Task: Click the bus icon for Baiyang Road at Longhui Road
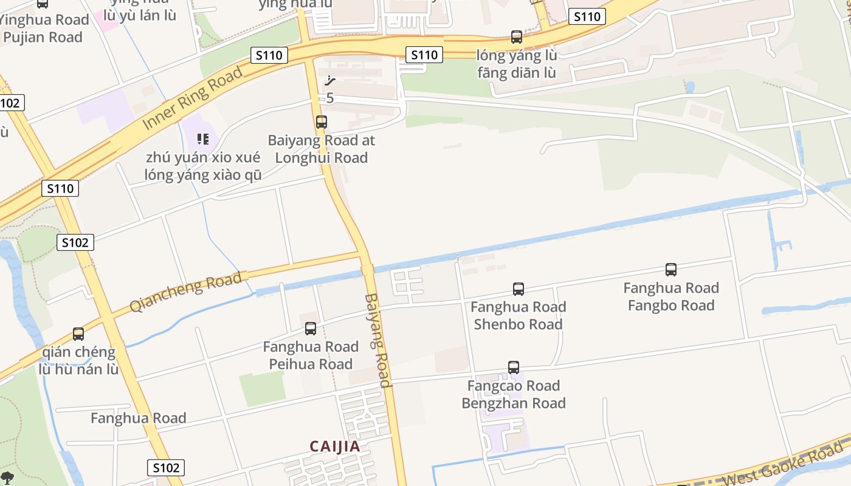click(x=322, y=122)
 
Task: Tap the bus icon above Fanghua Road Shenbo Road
click(x=519, y=289)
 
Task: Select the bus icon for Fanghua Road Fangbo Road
click(x=671, y=270)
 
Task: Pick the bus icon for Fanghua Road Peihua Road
click(x=311, y=329)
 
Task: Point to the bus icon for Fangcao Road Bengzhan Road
click(x=514, y=368)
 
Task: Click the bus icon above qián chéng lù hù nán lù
click(x=78, y=334)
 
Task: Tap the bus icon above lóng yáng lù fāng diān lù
click(x=517, y=37)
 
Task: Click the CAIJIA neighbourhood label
click(x=335, y=447)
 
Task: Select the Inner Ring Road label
click(x=193, y=97)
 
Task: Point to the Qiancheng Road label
click(x=186, y=292)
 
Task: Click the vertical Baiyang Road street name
click(x=377, y=340)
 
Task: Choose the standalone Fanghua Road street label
click(x=139, y=418)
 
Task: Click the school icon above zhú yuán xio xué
click(x=203, y=139)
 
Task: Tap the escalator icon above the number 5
click(x=330, y=81)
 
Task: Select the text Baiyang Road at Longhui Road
click(x=322, y=149)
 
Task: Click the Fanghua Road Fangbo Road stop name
click(x=671, y=296)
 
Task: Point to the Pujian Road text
click(x=43, y=37)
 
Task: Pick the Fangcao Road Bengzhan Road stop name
click(x=514, y=394)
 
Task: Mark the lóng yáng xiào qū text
click(x=203, y=175)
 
